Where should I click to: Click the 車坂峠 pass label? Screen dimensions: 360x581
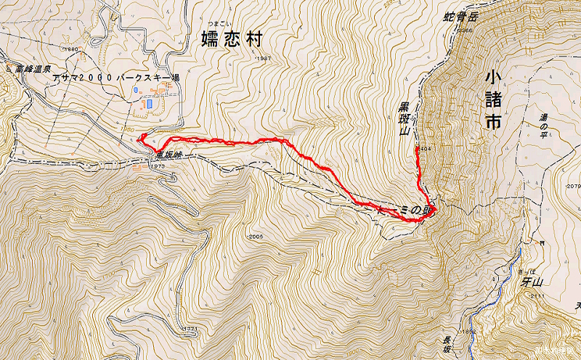(163, 155)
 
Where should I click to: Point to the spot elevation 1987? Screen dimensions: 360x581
(263, 59)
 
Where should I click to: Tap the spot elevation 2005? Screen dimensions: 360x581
(253, 237)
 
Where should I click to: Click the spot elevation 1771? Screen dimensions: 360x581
(190, 329)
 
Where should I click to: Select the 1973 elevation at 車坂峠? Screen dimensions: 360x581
(159, 166)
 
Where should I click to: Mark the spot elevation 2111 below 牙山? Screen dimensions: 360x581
(537, 296)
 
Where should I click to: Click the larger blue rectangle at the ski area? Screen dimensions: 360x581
(149, 104)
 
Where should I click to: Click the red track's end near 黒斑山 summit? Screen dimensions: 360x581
(416, 149)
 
